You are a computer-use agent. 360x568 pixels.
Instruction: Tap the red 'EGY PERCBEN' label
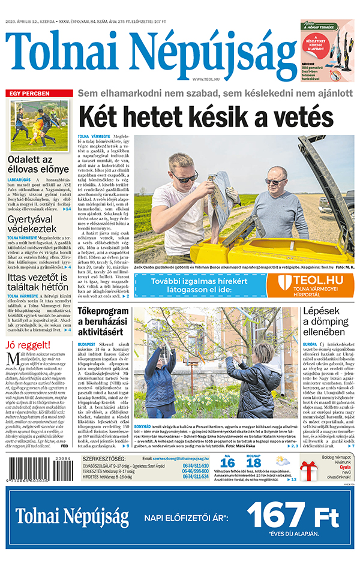(x=29, y=94)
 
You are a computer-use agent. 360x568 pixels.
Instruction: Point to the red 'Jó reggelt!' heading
(x=26, y=345)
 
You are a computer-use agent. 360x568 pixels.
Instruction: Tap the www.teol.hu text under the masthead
(x=205, y=79)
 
